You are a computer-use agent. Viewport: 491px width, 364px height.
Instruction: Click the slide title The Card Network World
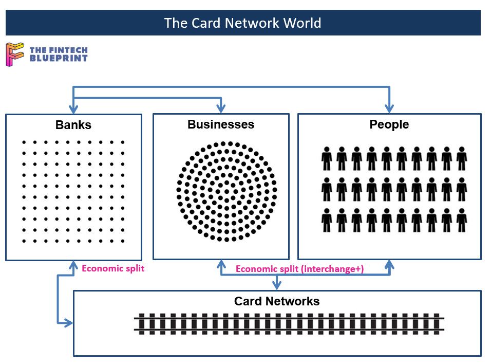[242, 23]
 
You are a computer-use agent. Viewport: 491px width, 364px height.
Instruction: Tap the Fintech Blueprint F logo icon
[14, 54]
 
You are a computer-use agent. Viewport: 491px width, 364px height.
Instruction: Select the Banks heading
[73, 125]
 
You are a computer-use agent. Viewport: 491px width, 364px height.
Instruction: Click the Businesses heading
[220, 124]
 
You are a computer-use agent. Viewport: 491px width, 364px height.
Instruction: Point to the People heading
[389, 124]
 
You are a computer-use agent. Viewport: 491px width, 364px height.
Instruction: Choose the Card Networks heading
[277, 301]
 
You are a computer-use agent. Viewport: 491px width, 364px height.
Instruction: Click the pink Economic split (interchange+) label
[299, 268]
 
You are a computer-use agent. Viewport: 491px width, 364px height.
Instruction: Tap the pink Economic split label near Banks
[113, 268]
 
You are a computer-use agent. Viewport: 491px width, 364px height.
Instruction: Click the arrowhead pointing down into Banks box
[73, 110]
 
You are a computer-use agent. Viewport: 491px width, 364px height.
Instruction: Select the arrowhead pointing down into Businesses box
[221, 109]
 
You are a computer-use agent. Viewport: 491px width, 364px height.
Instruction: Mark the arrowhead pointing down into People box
[389, 109]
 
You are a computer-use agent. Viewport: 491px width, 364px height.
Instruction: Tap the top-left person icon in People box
[327, 158]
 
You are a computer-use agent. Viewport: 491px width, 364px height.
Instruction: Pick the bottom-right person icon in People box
[462, 220]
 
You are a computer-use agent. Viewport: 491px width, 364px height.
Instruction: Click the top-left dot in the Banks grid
[23, 142]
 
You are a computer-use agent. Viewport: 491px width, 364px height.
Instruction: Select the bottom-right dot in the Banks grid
[123, 241]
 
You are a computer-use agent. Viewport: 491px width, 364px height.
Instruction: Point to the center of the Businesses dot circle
[226, 191]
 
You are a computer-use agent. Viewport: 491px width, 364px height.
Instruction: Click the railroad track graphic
[289, 323]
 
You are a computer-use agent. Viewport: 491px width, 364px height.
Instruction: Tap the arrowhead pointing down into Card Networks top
[277, 285]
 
